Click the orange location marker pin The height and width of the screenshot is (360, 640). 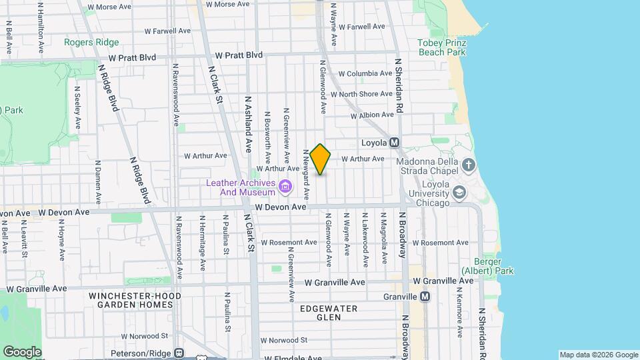(x=320, y=159)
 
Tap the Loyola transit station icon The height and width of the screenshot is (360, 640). (x=394, y=143)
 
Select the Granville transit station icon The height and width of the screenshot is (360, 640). (x=425, y=297)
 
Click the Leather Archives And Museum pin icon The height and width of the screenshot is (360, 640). (x=285, y=187)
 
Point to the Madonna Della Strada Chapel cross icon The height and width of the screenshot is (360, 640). (x=469, y=164)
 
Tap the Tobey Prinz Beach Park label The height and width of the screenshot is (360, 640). (x=441, y=47)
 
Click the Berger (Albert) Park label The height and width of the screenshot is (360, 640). (x=487, y=267)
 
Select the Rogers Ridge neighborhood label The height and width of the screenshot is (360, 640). (x=91, y=43)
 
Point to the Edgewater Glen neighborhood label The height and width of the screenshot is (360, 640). (x=328, y=313)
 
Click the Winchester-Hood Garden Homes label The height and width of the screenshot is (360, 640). (x=131, y=300)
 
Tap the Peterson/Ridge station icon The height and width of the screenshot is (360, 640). (x=179, y=353)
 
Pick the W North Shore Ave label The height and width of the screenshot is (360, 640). (x=366, y=95)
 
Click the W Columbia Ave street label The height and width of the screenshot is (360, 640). (x=365, y=74)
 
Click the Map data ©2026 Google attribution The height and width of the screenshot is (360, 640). (x=598, y=355)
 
